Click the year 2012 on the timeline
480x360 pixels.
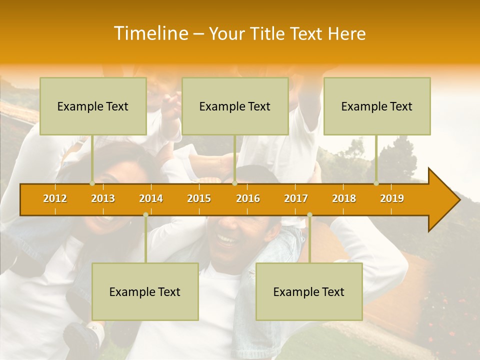(x=55, y=198)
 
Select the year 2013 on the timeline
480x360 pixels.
(x=103, y=198)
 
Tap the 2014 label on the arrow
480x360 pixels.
(x=151, y=198)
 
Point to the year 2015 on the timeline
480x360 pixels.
(x=199, y=198)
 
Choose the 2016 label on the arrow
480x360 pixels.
(x=248, y=198)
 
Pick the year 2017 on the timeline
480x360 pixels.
(x=296, y=198)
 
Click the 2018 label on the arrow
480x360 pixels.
(x=344, y=198)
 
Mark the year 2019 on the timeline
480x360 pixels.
(x=392, y=198)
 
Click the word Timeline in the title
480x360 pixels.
(x=150, y=33)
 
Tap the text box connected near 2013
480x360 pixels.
(x=93, y=106)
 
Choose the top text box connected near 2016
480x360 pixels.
(x=235, y=106)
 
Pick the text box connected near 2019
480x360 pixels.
(x=377, y=106)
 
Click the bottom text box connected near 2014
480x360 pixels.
(x=145, y=291)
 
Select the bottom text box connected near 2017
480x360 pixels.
(x=309, y=291)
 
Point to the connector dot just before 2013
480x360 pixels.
(x=92, y=183)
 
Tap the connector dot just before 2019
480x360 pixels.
(x=376, y=183)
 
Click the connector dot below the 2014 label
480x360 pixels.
(x=145, y=215)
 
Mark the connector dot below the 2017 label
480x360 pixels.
(x=309, y=215)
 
